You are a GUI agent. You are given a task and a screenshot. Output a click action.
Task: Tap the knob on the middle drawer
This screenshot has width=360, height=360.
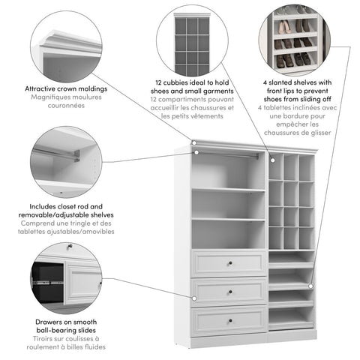229,291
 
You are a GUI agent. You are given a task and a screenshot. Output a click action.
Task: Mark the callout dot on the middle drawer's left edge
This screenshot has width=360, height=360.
193,298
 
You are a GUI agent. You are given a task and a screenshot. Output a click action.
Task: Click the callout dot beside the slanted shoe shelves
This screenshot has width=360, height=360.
310,285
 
